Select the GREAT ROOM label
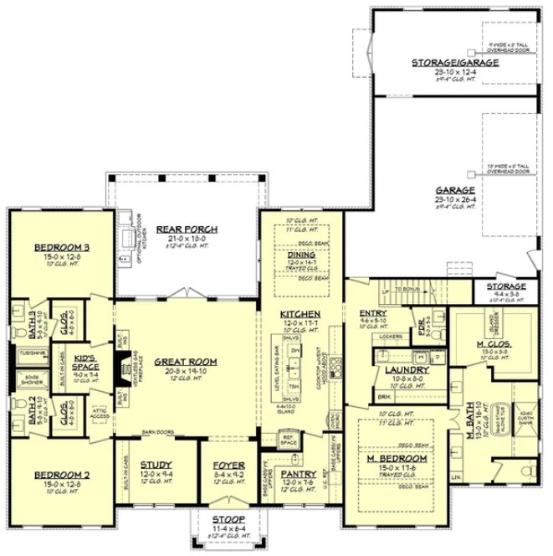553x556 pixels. point(186,362)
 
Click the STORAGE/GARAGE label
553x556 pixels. point(455,62)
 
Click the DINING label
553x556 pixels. point(301,255)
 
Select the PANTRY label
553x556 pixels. point(299,474)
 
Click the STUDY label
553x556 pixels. point(156,465)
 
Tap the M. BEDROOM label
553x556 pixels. point(397,459)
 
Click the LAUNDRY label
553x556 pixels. point(407,369)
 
